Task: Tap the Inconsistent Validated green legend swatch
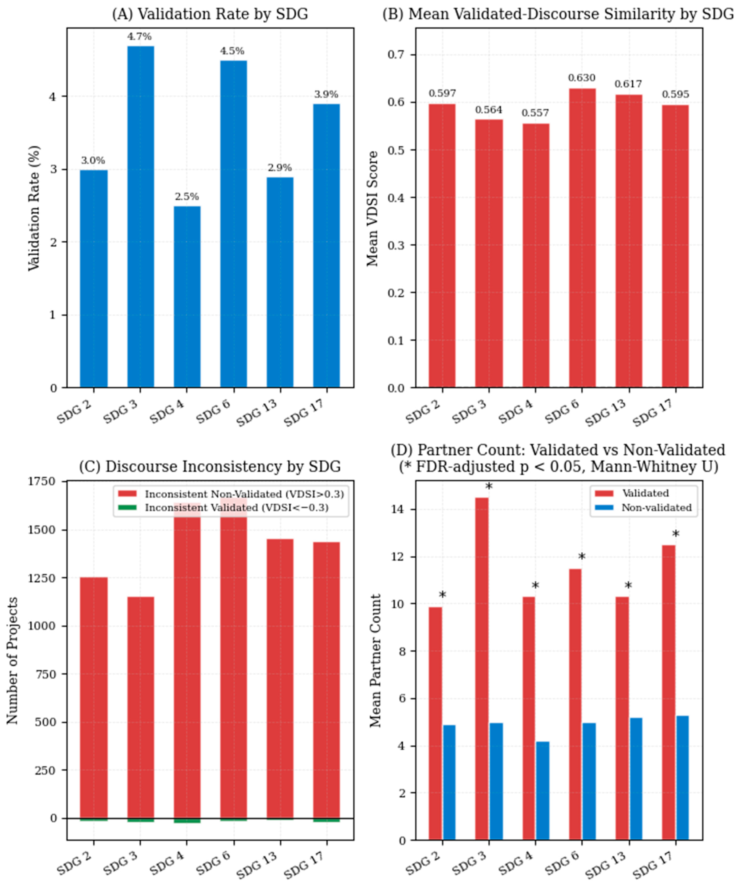coord(127,507)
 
